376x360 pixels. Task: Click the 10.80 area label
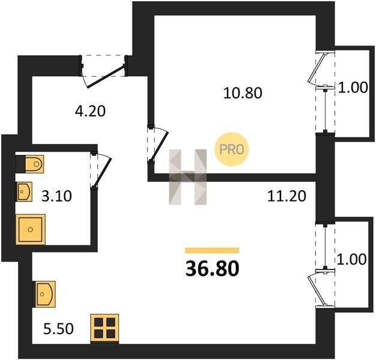click(243, 93)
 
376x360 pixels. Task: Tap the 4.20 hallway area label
click(90, 111)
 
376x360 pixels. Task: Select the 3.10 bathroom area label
click(56, 196)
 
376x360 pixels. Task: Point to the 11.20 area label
click(287, 196)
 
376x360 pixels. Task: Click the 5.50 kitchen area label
click(58, 329)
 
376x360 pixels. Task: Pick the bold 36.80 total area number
click(213, 269)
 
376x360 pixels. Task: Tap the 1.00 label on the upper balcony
click(353, 88)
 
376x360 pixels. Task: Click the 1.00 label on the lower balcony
click(352, 259)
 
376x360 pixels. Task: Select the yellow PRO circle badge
click(232, 149)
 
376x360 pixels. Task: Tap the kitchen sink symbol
click(45, 294)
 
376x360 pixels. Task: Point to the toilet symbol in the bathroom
click(34, 164)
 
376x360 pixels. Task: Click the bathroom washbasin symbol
click(24, 191)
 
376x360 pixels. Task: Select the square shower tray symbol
click(31, 229)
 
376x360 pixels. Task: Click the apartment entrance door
click(105, 76)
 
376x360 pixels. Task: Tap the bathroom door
click(102, 172)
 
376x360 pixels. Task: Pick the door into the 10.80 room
click(159, 145)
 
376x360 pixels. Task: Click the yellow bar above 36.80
click(212, 251)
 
